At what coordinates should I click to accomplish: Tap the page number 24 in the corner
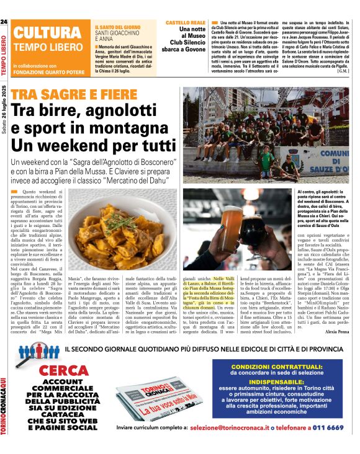[4, 22]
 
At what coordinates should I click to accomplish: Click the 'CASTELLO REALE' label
[184, 22]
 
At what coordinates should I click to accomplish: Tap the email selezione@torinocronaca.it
[234, 427]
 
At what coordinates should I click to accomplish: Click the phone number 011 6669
[328, 427]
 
